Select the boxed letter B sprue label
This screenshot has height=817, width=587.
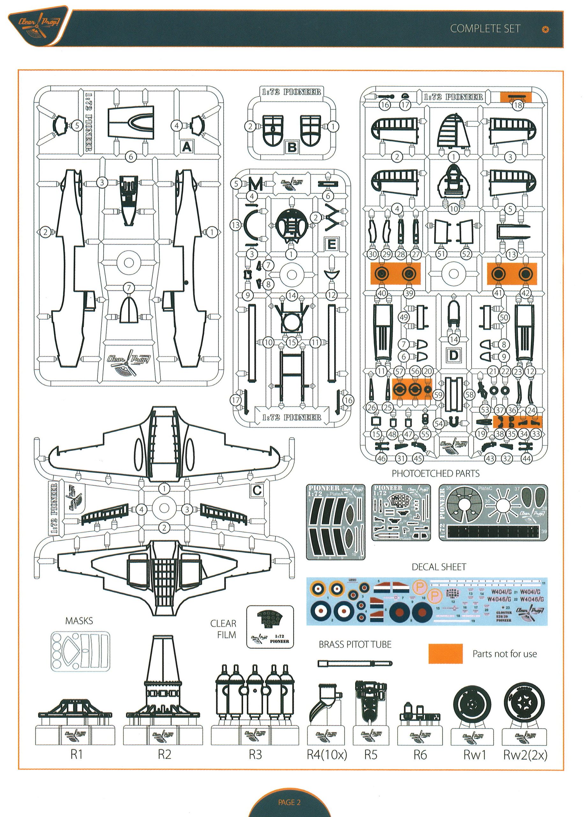pos(292,147)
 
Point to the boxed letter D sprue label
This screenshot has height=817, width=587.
pos(453,356)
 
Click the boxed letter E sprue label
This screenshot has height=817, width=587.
pos(331,244)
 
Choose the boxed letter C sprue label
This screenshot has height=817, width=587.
pos(257,490)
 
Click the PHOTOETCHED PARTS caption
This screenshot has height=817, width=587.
pos(436,473)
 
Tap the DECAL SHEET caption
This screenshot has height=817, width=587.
pos(439,567)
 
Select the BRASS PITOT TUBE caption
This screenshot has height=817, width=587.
pos(355,644)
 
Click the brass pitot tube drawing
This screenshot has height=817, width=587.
pos(355,663)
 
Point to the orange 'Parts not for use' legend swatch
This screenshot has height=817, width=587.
pos(445,654)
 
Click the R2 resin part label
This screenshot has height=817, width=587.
pos(165,754)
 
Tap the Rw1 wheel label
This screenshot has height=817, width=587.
pos(474,754)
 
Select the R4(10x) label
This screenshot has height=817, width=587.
pos(327,754)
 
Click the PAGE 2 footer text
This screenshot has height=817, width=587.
pos(290,802)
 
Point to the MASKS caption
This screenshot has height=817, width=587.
pos(79,621)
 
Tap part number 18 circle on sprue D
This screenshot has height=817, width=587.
pos(517,105)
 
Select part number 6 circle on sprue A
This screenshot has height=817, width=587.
pos(131,157)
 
